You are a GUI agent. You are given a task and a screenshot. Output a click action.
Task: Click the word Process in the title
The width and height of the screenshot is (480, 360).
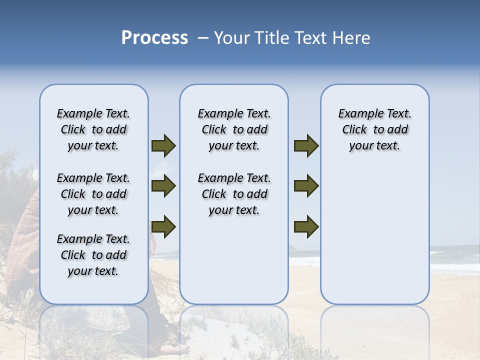click(x=154, y=38)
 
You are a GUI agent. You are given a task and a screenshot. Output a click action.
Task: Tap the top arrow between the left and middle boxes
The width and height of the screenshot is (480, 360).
click(x=163, y=146)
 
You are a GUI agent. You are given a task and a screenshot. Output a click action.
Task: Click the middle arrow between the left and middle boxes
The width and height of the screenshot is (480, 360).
click(x=163, y=186)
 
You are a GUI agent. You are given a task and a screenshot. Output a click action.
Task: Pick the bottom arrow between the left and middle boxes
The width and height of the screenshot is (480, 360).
click(x=163, y=226)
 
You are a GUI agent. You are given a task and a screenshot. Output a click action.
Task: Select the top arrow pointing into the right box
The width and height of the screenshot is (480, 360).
click(x=306, y=146)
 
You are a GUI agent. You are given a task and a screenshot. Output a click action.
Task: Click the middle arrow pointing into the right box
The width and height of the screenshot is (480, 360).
click(x=306, y=186)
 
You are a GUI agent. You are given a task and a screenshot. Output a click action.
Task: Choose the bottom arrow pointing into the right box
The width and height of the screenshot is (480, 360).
click(x=306, y=226)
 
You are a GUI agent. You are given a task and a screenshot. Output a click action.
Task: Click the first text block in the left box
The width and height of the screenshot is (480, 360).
click(x=93, y=129)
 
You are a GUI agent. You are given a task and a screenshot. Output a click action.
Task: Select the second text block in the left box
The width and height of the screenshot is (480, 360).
click(x=93, y=194)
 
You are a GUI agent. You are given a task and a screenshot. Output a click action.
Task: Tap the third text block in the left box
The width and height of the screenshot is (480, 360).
click(x=93, y=255)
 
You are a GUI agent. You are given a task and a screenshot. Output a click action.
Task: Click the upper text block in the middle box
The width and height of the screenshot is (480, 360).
click(x=234, y=129)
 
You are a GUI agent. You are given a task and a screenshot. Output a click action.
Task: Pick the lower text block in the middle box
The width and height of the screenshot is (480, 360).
click(x=234, y=194)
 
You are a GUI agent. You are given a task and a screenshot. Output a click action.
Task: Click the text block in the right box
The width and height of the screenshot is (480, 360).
click(x=374, y=129)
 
